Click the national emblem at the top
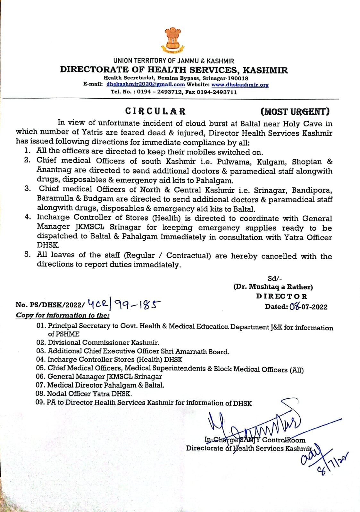[x=173, y=40]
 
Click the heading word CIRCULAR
[x=155, y=111]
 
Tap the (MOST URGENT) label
[x=295, y=112]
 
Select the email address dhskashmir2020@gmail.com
[x=146, y=84]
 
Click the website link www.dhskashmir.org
[x=240, y=85]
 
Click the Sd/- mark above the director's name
[x=275, y=278]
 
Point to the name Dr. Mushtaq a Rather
[x=273, y=287]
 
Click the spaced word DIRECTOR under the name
[x=281, y=296]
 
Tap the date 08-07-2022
[x=308, y=307]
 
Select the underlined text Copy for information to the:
[x=63, y=316]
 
